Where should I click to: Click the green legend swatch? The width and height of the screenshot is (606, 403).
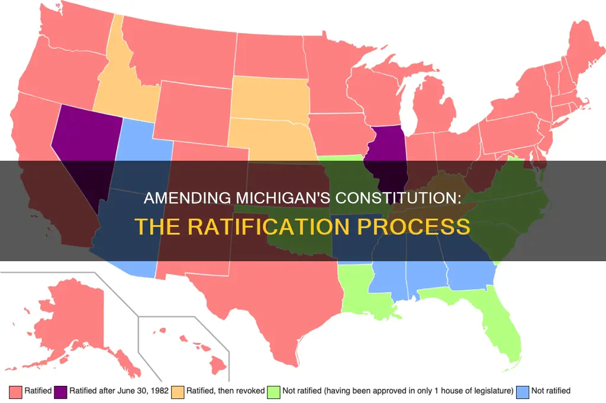pos(273,391)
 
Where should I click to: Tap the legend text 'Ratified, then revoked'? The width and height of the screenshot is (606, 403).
pos(224,391)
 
